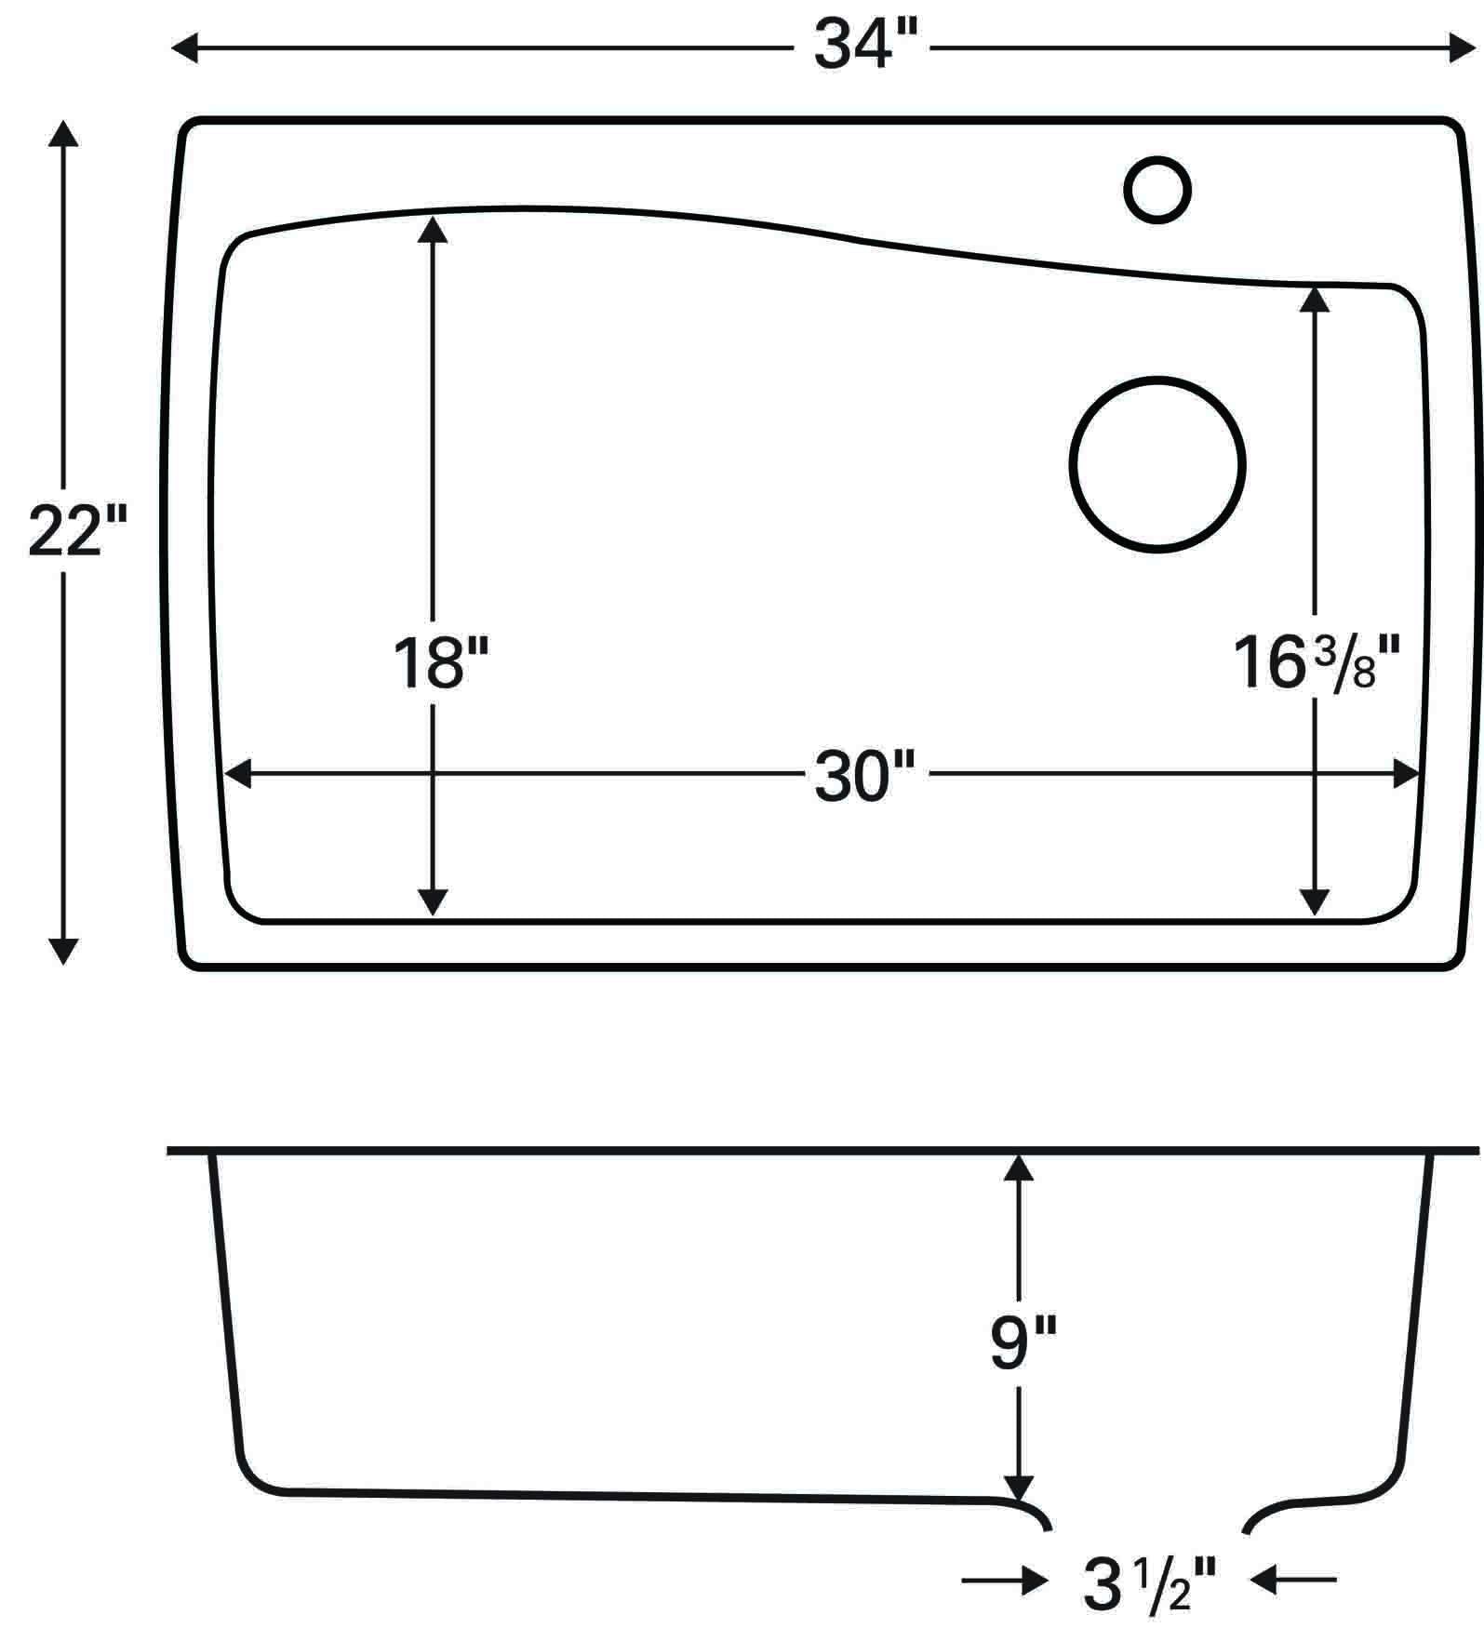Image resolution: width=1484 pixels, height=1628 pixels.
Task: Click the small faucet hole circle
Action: (1157, 190)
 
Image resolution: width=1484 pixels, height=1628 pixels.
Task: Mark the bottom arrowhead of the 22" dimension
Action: (63, 951)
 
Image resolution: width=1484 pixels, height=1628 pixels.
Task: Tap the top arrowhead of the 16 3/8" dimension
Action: (1314, 299)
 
